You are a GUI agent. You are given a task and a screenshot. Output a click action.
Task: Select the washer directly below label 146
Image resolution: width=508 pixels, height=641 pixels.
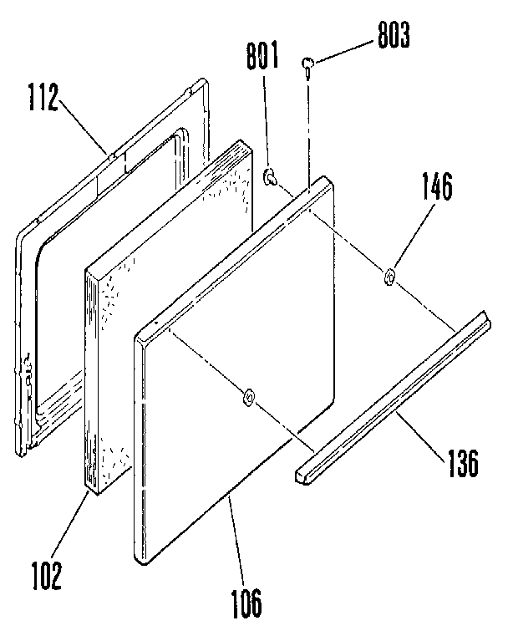[389, 277]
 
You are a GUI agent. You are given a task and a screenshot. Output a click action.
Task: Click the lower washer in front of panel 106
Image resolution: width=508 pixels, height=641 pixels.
[248, 396]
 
